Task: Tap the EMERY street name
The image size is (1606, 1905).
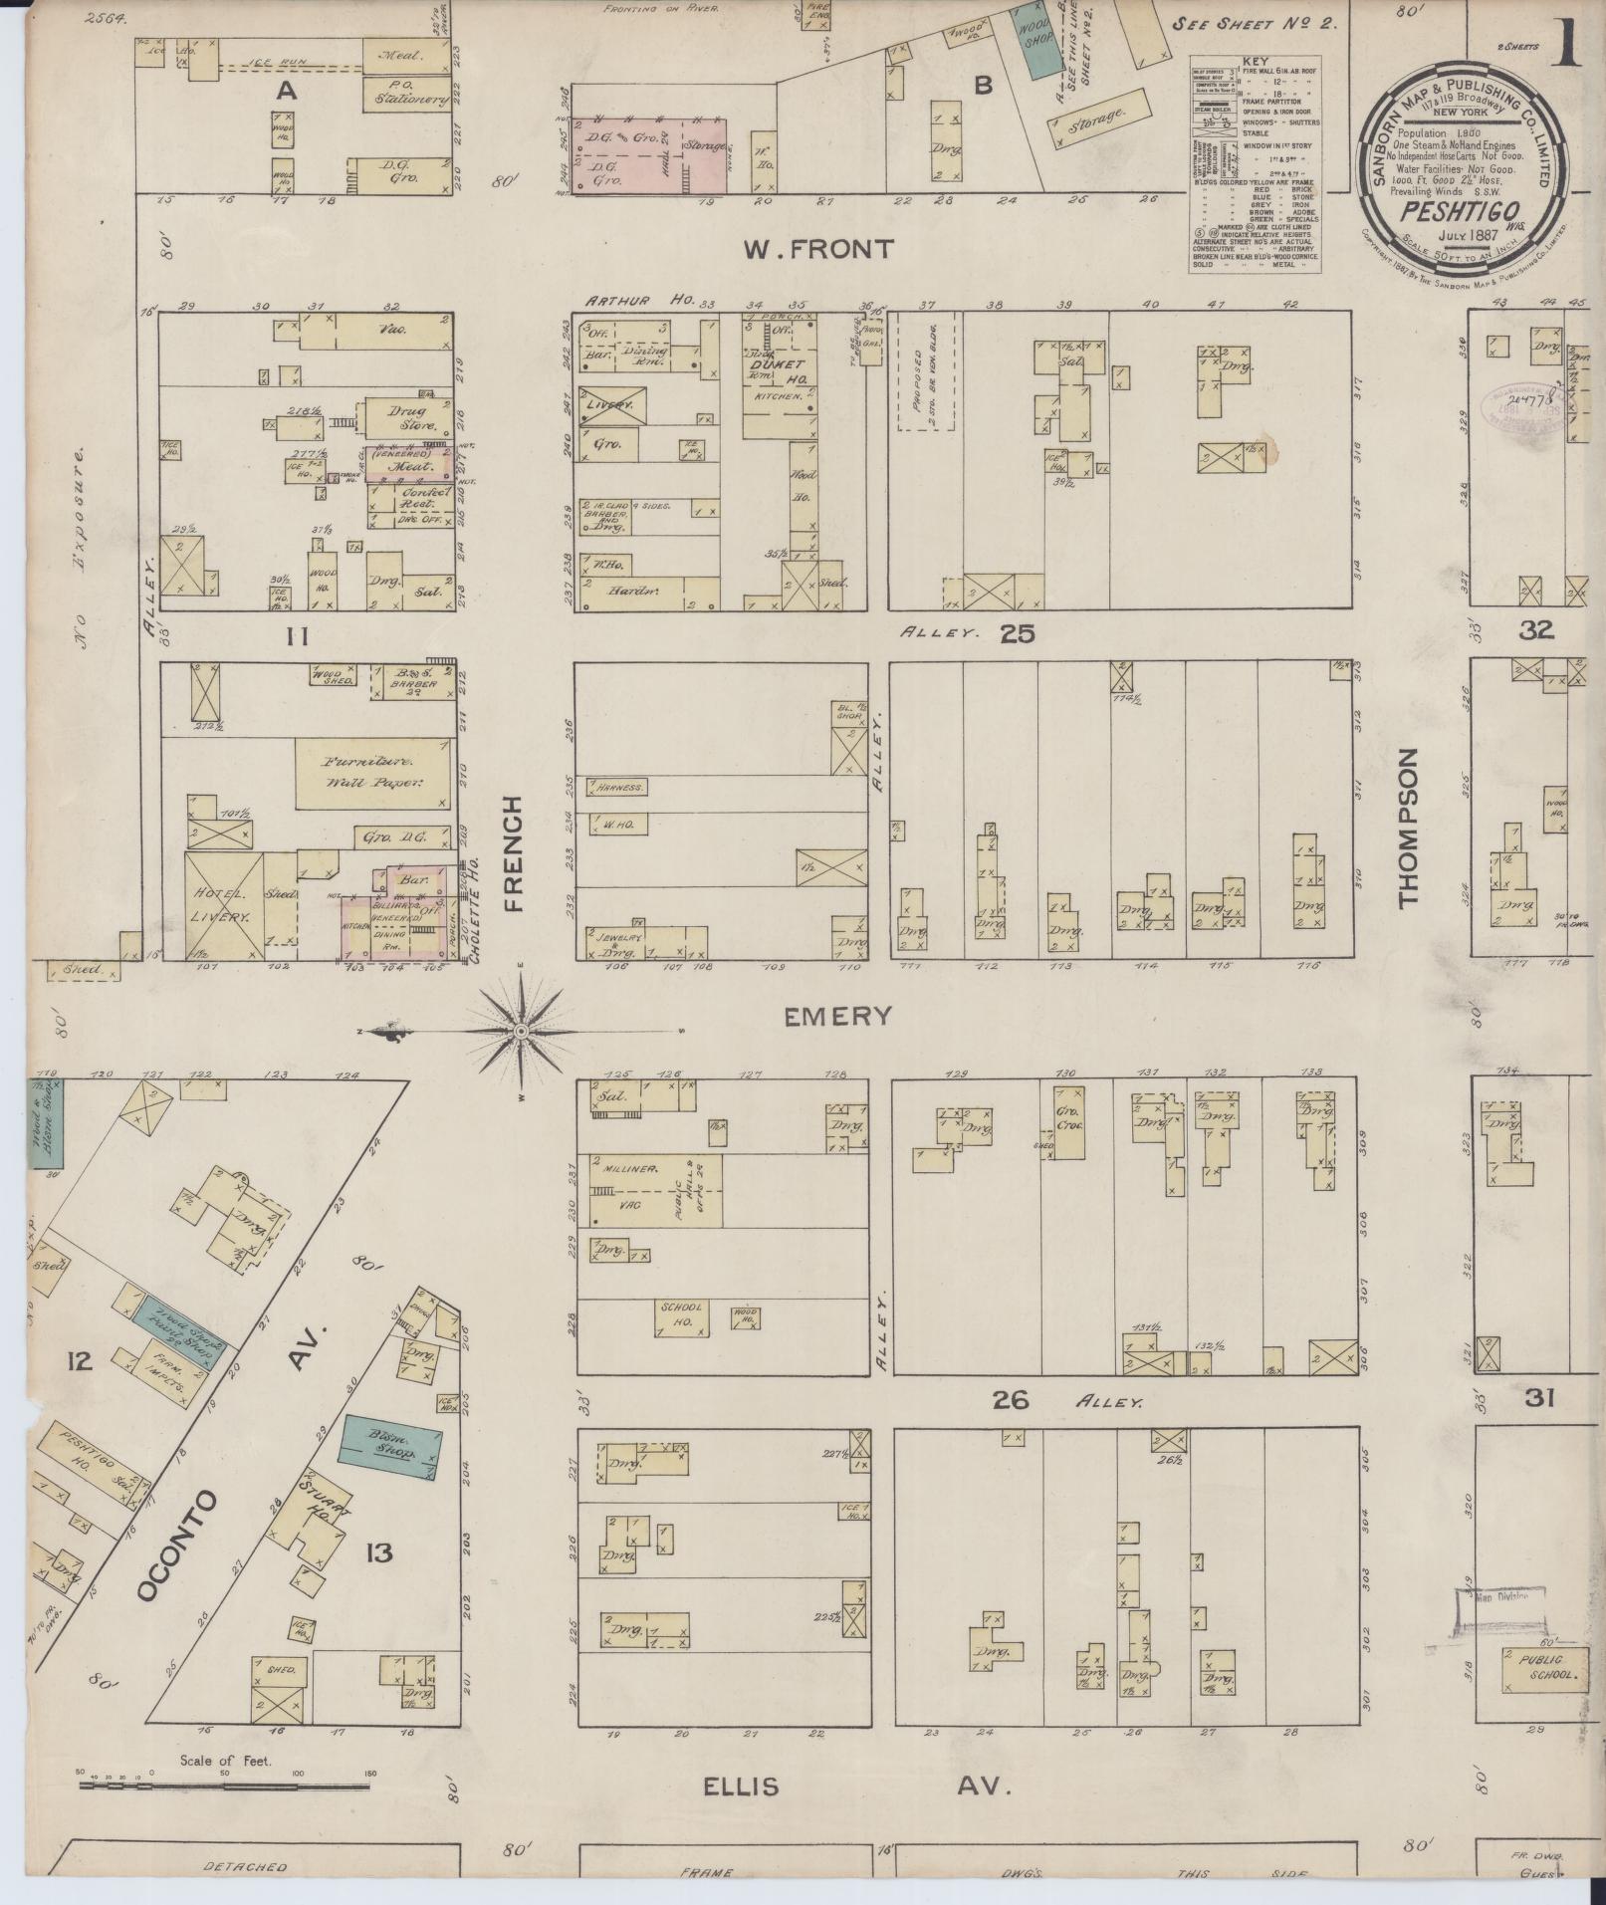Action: (836, 1017)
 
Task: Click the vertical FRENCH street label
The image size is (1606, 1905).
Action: (513, 853)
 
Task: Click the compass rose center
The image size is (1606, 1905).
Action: (520, 1032)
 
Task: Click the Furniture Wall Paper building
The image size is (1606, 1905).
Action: (372, 773)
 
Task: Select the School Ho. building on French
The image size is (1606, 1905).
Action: (681, 1317)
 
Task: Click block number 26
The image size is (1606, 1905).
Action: (1010, 1401)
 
